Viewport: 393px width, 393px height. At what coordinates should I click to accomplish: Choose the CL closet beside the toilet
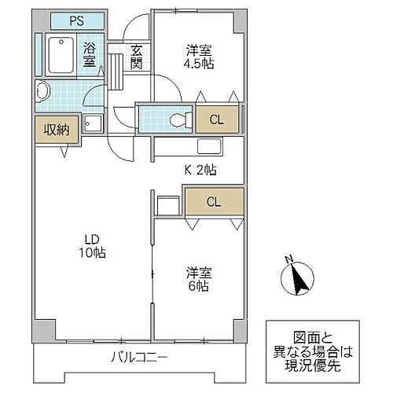coord(215,119)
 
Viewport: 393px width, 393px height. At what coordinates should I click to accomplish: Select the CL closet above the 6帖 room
coord(214,201)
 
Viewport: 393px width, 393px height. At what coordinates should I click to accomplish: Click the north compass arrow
coord(297,278)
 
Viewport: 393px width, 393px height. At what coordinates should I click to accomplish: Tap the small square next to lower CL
coord(168,204)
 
